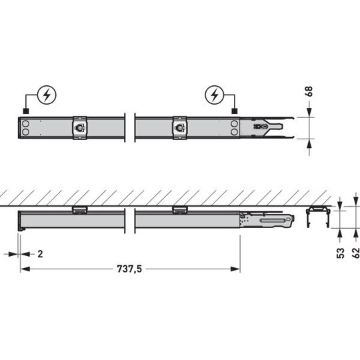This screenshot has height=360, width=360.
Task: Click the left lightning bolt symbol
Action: (47, 95)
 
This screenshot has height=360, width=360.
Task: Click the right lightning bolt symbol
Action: (215, 95)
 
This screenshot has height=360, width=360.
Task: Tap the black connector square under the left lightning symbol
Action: (26, 111)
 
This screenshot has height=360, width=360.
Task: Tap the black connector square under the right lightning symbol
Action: (235, 111)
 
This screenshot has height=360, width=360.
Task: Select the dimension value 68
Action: (309, 91)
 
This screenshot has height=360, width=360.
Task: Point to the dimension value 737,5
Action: (129, 269)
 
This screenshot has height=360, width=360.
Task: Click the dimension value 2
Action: (40, 254)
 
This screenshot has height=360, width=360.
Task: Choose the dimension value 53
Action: (341, 253)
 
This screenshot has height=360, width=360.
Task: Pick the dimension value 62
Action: (356, 253)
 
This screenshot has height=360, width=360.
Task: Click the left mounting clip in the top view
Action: (80, 127)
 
